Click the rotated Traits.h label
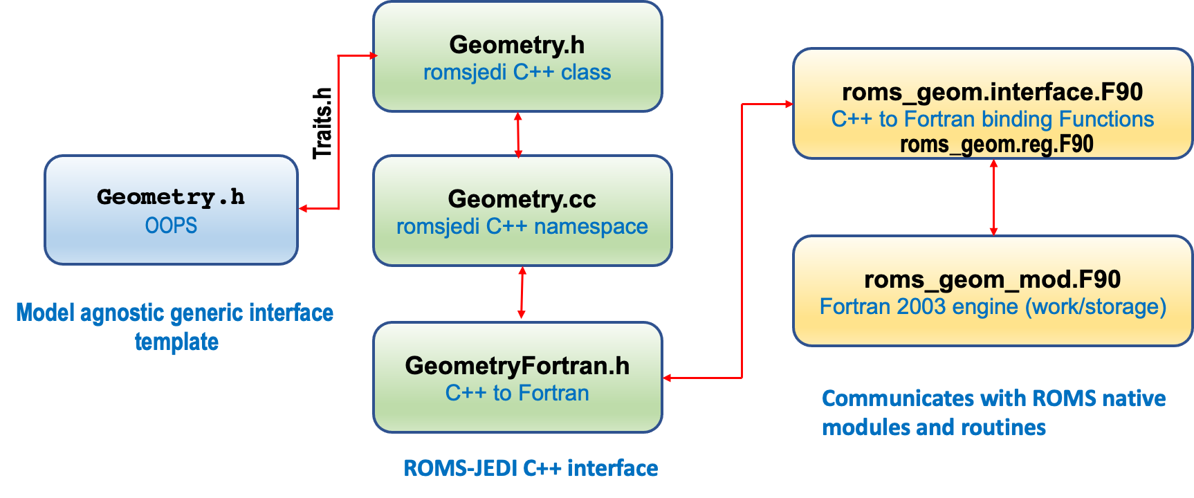tap(322, 124)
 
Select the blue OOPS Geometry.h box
tap(172, 210)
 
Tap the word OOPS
tap(171, 225)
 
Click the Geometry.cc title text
tap(522, 199)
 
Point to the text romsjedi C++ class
tap(517, 73)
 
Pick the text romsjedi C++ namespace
tap(522, 227)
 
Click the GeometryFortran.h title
tap(517, 366)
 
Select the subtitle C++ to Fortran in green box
tap(517, 393)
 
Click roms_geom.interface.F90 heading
tap(993, 92)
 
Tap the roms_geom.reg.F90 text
tap(997, 145)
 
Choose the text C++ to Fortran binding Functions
tap(993, 119)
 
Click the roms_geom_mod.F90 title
tap(993, 279)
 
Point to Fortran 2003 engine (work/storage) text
tap(993, 306)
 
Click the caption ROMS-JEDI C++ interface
tap(531, 468)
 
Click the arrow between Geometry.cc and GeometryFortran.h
tap(522, 293)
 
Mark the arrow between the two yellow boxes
tap(993, 198)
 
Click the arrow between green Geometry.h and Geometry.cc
tap(518, 135)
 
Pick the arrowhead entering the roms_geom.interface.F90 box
tap(789, 104)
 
